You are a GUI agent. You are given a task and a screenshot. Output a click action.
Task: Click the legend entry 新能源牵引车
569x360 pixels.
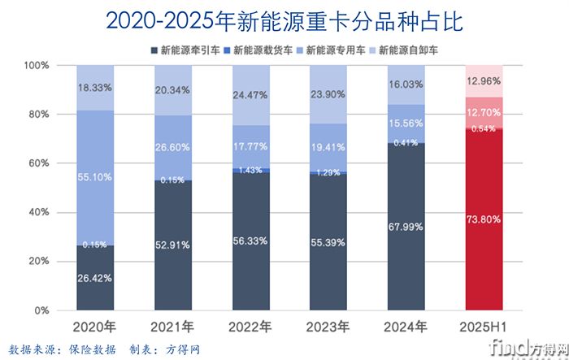tap(188, 50)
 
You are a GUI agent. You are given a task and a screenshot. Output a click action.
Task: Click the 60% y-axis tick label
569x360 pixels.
tap(37, 163)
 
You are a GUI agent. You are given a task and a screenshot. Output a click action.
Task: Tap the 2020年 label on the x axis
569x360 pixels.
tap(95, 327)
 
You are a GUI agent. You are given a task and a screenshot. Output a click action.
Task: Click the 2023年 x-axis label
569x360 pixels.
tap(327, 327)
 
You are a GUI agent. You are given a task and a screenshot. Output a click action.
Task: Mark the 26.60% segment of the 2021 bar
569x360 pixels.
tap(173, 148)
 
